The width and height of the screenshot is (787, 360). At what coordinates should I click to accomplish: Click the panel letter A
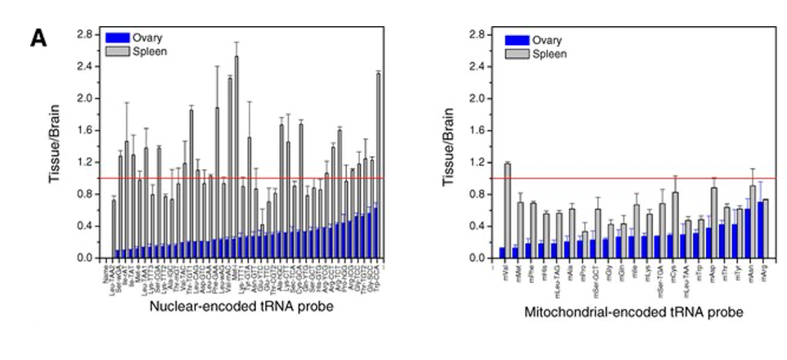[x=40, y=38]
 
